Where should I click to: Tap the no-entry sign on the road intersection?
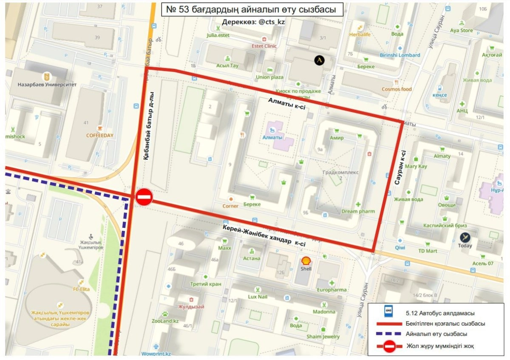click(144, 198)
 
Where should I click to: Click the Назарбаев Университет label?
click(47, 85)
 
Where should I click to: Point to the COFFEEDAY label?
click(100, 136)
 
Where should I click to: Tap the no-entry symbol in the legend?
click(389, 346)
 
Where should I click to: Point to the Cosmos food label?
click(397, 89)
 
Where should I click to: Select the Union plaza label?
click(269, 77)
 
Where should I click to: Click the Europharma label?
click(331, 290)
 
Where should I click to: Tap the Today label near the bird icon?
click(465, 246)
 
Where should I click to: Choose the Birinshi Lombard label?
click(399, 55)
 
